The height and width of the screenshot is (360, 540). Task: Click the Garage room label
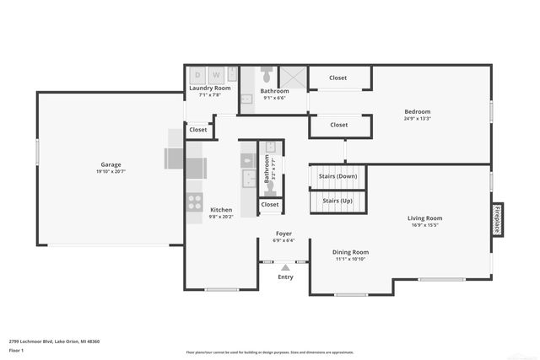click(x=111, y=164)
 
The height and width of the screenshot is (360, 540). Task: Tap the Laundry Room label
click(x=209, y=88)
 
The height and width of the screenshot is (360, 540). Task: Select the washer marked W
click(x=216, y=74)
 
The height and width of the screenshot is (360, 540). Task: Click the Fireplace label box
click(x=498, y=219)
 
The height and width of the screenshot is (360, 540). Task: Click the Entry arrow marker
click(x=285, y=267)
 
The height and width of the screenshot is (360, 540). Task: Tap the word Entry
click(x=286, y=277)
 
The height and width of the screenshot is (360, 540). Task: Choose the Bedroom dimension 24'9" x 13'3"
click(x=417, y=119)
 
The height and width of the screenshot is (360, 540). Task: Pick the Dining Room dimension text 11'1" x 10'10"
click(x=349, y=259)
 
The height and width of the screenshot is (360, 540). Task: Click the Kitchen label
click(x=221, y=210)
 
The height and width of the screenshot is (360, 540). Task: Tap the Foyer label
click(x=284, y=233)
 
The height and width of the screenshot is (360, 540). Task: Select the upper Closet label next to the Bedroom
click(x=338, y=78)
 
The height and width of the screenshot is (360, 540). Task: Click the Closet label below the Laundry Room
click(x=198, y=130)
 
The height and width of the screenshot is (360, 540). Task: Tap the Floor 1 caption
click(x=17, y=350)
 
